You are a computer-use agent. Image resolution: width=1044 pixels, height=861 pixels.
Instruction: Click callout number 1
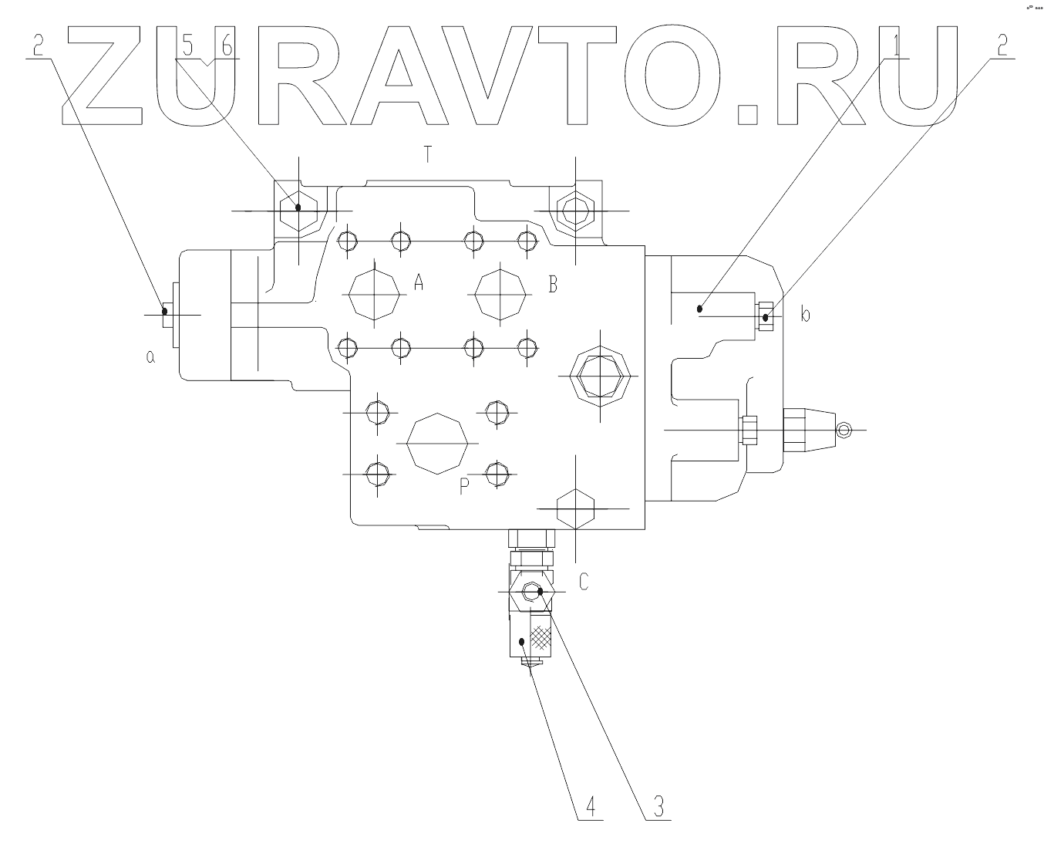click(897, 46)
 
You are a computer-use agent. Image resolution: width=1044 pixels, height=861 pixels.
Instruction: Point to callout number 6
click(226, 46)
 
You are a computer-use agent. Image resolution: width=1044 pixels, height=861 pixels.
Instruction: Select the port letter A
click(419, 282)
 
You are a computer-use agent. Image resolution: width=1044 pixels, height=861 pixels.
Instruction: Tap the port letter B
click(552, 285)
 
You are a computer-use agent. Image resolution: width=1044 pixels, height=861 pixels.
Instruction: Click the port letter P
click(464, 486)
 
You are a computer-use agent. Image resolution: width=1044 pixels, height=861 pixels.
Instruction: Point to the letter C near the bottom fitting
click(584, 582)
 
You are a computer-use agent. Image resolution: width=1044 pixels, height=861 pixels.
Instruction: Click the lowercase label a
click(150, 356)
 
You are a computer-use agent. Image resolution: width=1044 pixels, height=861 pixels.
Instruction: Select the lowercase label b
click(805, 315)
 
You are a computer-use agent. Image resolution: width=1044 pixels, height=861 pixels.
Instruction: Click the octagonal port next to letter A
click(374, 294)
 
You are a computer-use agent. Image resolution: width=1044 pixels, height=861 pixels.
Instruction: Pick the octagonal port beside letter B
click(501, 294)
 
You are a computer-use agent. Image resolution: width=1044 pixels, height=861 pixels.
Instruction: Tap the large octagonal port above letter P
click(436, 443)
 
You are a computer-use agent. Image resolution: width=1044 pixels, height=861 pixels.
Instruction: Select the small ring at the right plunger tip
click(844, 430)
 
